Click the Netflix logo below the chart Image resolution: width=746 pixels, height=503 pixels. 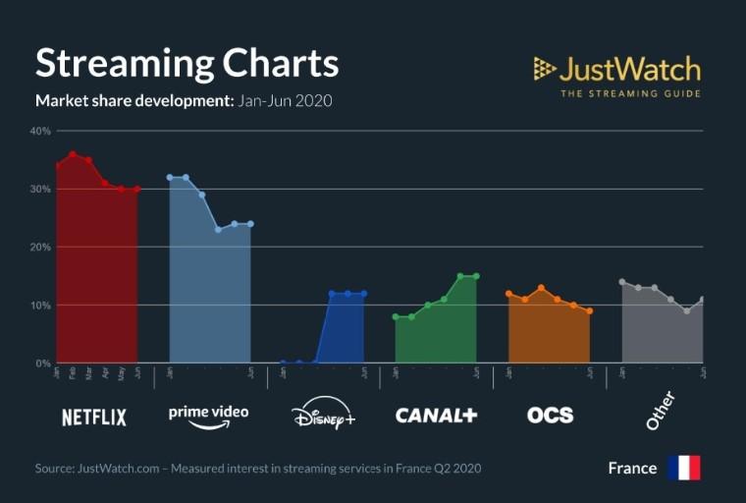94,417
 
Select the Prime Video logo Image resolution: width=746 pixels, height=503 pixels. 208,414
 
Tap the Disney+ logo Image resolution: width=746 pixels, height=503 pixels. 324,414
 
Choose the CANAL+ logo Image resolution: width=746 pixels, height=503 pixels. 436,415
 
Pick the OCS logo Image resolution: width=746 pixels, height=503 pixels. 550,415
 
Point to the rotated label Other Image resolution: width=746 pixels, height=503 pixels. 661,411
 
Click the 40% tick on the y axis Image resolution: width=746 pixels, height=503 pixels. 40,131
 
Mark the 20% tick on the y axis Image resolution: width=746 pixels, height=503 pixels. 40,247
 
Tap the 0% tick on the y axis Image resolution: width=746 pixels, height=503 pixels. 43,363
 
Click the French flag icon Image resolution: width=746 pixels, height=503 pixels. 683,468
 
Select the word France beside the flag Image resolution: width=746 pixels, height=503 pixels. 632,468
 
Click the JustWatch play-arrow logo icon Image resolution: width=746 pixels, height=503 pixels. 544,69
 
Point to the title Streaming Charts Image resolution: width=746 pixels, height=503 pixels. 186,63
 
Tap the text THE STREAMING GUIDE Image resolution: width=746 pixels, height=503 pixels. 630,93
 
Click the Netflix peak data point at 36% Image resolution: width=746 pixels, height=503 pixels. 73,154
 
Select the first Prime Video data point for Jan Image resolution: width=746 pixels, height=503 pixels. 170,178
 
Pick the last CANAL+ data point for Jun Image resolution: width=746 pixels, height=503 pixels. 476,276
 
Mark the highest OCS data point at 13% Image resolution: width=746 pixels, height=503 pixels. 541,288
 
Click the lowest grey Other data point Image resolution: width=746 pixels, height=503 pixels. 687,310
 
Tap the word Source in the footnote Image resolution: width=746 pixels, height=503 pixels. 53,468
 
